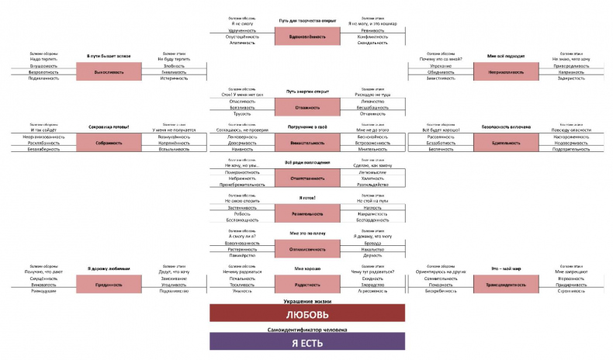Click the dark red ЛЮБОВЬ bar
click(307, 313)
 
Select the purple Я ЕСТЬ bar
click(307, 342)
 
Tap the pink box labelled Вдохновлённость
click(308, 36)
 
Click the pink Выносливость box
click(109, 71)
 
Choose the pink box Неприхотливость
click(506, 71)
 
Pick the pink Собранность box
click(109, 143)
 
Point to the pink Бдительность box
click(506, 143)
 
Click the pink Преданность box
click(109, 285)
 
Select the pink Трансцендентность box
click(506, 285)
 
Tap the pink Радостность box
click(308, 285)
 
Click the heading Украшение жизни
click(307, 299)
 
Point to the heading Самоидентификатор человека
click(307, 329)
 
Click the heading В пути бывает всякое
click(109, 56)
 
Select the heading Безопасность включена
click(506, 126)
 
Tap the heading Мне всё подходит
click(506, 56)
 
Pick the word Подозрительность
click(571, 150)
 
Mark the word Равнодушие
click(43, 292)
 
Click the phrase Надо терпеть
click(43, 59)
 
